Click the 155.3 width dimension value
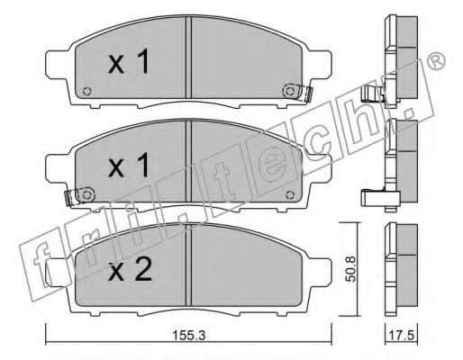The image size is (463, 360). (189, 336)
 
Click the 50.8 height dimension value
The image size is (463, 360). (350, 269)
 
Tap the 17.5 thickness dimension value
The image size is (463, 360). (402, 335)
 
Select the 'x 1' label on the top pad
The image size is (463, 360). (129, 61)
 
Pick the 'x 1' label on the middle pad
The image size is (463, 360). (129, 165)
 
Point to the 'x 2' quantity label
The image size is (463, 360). (130, 269)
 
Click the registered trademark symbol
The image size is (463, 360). (435, 61)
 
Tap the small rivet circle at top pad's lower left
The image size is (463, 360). (87, 91)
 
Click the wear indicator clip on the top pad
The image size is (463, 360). (297, 92)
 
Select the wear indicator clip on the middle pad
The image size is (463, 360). (79, 196)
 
